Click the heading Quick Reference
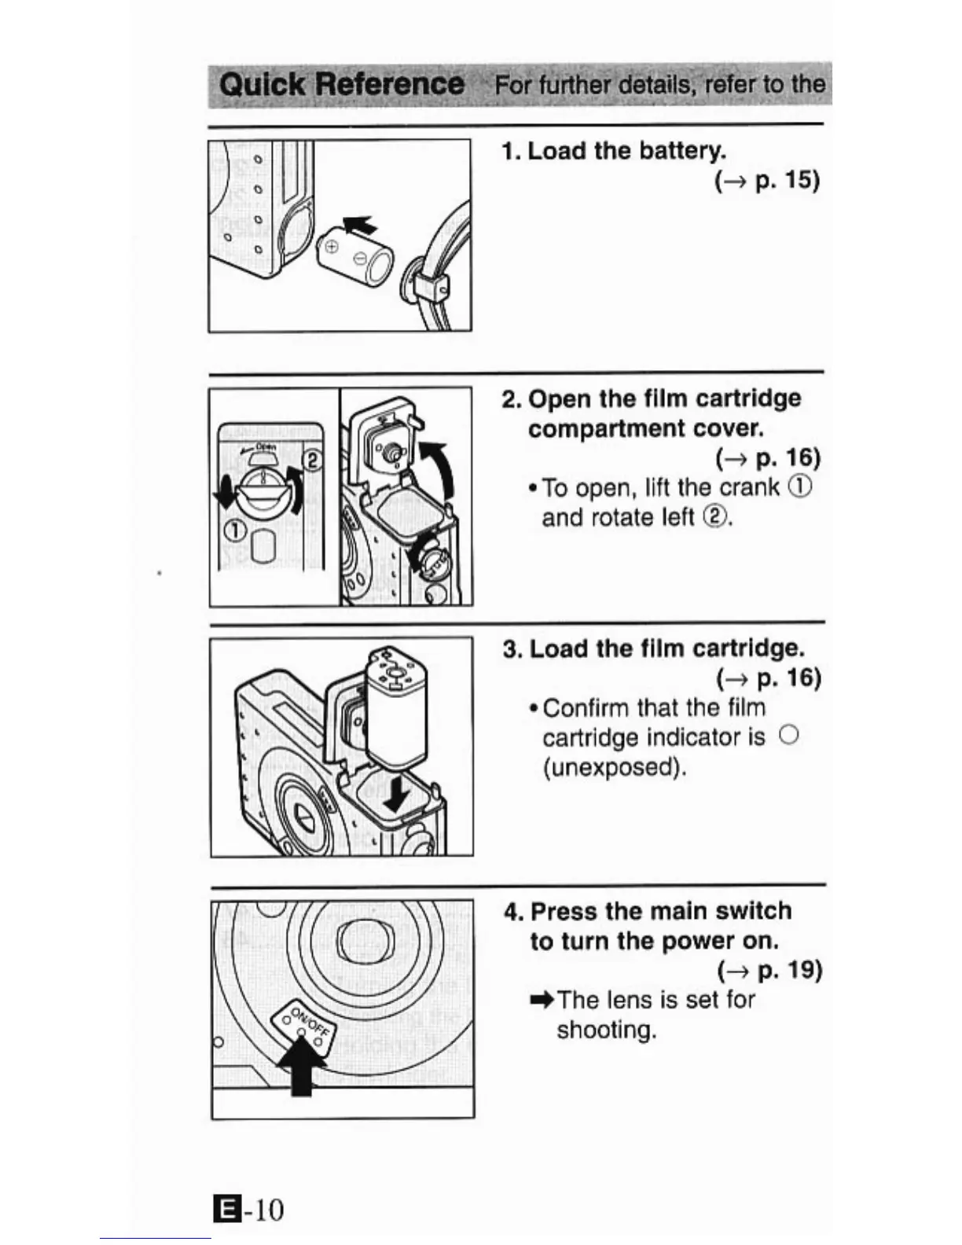coord(341,84)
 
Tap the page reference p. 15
coord(786,180)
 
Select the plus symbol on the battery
coord(331,247)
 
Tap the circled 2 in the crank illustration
coord(311,460)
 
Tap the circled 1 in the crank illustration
coord(234,530)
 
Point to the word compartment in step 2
coord(608,428)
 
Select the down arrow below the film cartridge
coord(395,793)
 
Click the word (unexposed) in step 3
coord(615,766)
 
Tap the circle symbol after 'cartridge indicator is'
coord(788,735)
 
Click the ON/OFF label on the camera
coord(307,1020)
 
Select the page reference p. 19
coord(788,970)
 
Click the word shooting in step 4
coord(606,1029)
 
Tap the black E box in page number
coord(225,1210)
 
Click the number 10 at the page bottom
coord(267,1210)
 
